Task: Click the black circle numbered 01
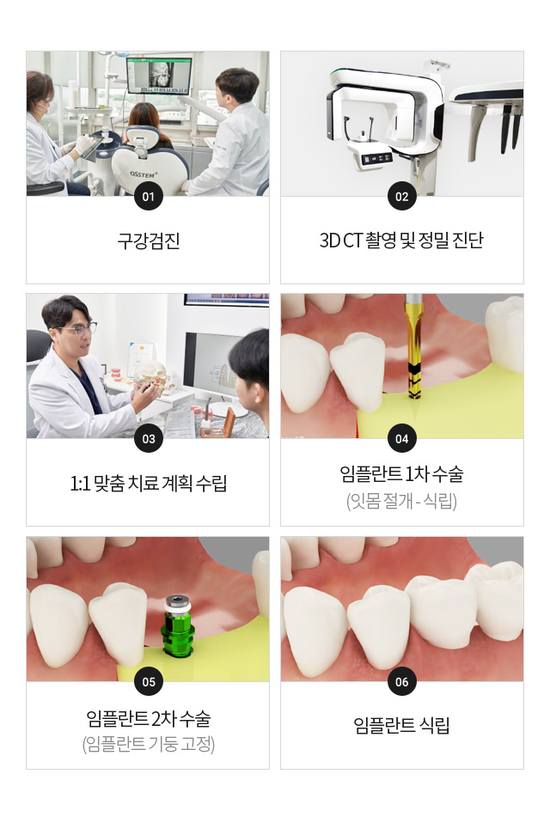pos(148,196)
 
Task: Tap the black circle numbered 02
pos(402,196)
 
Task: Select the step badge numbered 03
pos(148,438)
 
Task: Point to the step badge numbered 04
pos(402,438)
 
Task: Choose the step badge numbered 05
pos(148,681)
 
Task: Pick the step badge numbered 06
pos(402,681)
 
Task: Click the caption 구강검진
pos(148,241)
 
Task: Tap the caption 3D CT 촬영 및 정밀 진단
pos(402,241)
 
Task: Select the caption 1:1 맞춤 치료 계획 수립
pos(148,483)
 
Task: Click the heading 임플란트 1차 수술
pos(402,473)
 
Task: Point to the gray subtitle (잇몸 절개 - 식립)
pos(402,501)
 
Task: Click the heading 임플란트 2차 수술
pos(148,718)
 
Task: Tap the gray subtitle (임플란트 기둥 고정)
pos(148,743)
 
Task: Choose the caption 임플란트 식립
pos(402,725)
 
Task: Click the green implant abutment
pos(178,625)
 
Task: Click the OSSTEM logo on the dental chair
pos(144,174)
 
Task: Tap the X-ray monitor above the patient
pos(159,75)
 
